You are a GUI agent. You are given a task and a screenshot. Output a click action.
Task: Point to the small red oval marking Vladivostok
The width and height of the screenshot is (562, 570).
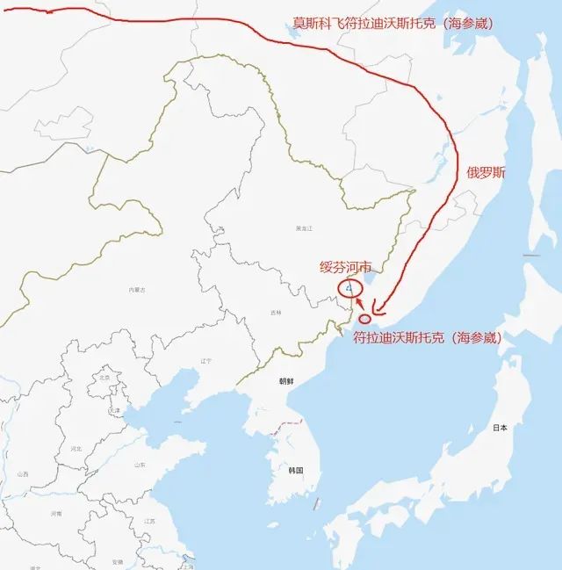pos(365,319)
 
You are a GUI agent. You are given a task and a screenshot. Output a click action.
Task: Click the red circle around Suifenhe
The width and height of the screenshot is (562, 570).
pos(349,288)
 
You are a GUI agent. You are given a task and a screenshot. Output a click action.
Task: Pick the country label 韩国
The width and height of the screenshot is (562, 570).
pos(295,471)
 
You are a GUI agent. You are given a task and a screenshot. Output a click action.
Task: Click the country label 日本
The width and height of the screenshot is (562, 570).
pos(500,427)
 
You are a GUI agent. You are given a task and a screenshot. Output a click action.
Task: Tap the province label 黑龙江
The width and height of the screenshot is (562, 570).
pos(303,227)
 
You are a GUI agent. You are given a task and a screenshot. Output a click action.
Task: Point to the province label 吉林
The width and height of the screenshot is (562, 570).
pos(277,313)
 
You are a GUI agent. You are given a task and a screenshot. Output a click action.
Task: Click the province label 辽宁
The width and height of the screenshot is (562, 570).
pos(206,361)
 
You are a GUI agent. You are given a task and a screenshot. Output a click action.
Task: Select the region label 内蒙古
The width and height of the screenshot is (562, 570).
pos(136,289)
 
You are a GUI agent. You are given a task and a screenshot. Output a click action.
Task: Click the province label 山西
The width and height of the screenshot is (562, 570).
pos(22,474)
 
